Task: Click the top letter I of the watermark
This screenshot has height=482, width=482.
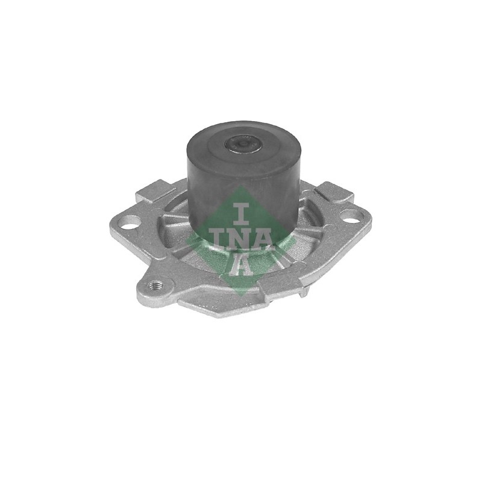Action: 240,213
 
